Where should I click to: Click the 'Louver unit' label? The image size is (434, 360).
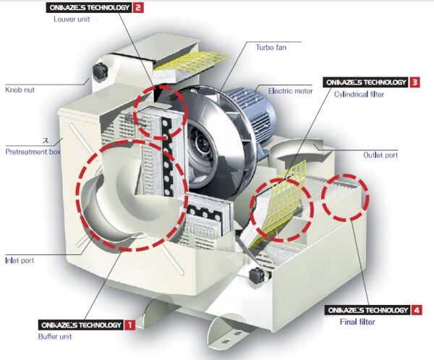72,19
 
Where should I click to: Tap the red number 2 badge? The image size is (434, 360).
138,7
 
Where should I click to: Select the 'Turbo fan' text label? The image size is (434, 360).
271,47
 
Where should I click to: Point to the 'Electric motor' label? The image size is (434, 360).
290,91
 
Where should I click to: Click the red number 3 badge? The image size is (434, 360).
414,82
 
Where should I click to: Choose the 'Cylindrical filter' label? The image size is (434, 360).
359,95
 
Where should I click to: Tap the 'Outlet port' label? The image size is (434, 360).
380,155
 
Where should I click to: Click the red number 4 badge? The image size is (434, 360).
417,310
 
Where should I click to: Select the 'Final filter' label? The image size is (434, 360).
357,322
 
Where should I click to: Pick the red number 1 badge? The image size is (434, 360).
130,325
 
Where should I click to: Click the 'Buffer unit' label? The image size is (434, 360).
55,336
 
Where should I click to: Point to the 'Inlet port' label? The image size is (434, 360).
20,260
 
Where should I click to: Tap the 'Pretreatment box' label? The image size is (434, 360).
33,152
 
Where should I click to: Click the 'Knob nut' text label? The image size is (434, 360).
20,90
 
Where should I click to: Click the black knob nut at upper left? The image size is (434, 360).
99,72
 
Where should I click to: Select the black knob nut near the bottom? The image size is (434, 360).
258,275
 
